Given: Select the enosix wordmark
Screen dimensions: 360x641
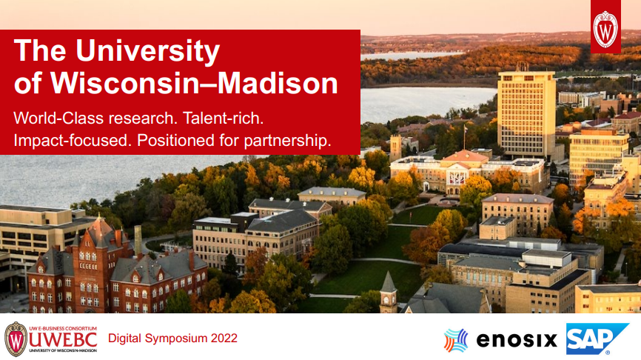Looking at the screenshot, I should click(516, 340).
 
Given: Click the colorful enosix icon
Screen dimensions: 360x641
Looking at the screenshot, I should click(456, 340).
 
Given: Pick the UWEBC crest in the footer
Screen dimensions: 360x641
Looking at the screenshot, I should click(16, 339).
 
